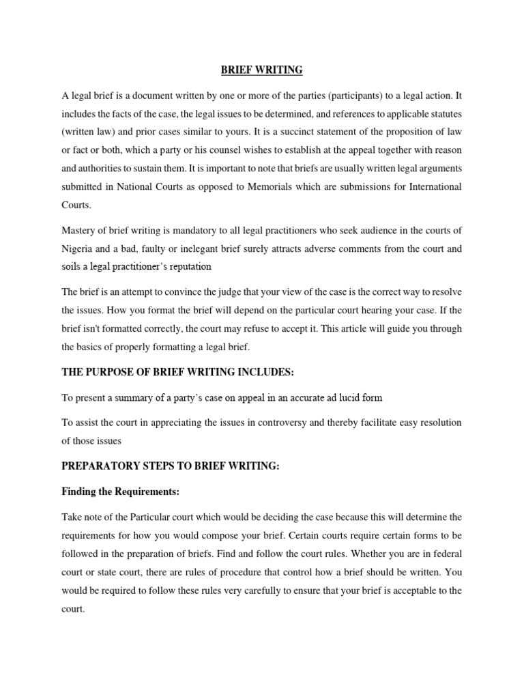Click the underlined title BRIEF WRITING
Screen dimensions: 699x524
(261, 70)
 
